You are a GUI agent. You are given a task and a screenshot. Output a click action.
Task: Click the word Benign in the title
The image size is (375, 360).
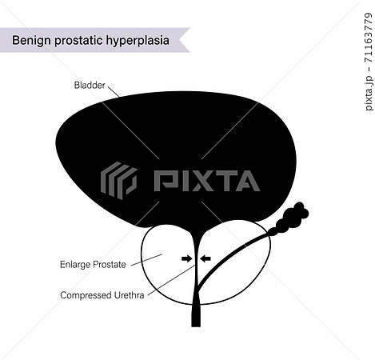[x=31, y=41]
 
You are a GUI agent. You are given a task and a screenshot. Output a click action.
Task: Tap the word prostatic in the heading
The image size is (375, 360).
[x=78, y=41]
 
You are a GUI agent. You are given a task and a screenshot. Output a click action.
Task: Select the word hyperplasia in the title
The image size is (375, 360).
[x=138, y=41]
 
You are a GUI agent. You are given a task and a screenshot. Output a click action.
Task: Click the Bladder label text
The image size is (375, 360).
[x=90, y=86]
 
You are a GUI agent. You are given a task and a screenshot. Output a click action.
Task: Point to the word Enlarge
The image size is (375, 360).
[x=75, y=265]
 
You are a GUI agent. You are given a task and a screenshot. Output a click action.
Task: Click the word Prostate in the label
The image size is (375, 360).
[x=110, y=265]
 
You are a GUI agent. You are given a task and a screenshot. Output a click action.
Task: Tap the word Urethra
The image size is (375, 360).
[x=129, y=295]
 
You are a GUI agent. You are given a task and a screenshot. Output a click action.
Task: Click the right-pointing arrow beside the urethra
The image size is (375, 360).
[x=187, y=258]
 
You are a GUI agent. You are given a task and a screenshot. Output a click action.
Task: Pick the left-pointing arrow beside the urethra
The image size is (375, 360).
[x=205, y=258]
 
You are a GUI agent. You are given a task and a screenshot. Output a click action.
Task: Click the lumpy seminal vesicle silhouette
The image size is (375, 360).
[x=289, y=219]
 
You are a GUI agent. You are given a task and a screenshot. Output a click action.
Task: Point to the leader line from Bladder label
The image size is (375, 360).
[x=114, y=91]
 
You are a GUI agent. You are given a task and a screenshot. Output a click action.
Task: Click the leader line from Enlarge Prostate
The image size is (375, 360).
[x=146, y=260]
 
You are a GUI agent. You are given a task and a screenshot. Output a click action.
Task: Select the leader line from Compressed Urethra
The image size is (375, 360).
[x=172, y=280]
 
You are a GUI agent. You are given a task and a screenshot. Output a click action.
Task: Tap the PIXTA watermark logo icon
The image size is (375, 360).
[x=119, y=181]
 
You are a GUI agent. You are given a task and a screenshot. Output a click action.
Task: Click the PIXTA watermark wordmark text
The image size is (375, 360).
[x=207, y=181]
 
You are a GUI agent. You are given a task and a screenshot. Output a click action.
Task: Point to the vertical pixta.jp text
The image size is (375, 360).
[x=369, y=93]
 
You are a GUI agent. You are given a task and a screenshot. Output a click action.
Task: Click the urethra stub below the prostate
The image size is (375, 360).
[x=196, y=315]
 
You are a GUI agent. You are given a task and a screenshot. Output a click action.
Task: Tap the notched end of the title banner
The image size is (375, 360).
[x=185, y=40]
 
